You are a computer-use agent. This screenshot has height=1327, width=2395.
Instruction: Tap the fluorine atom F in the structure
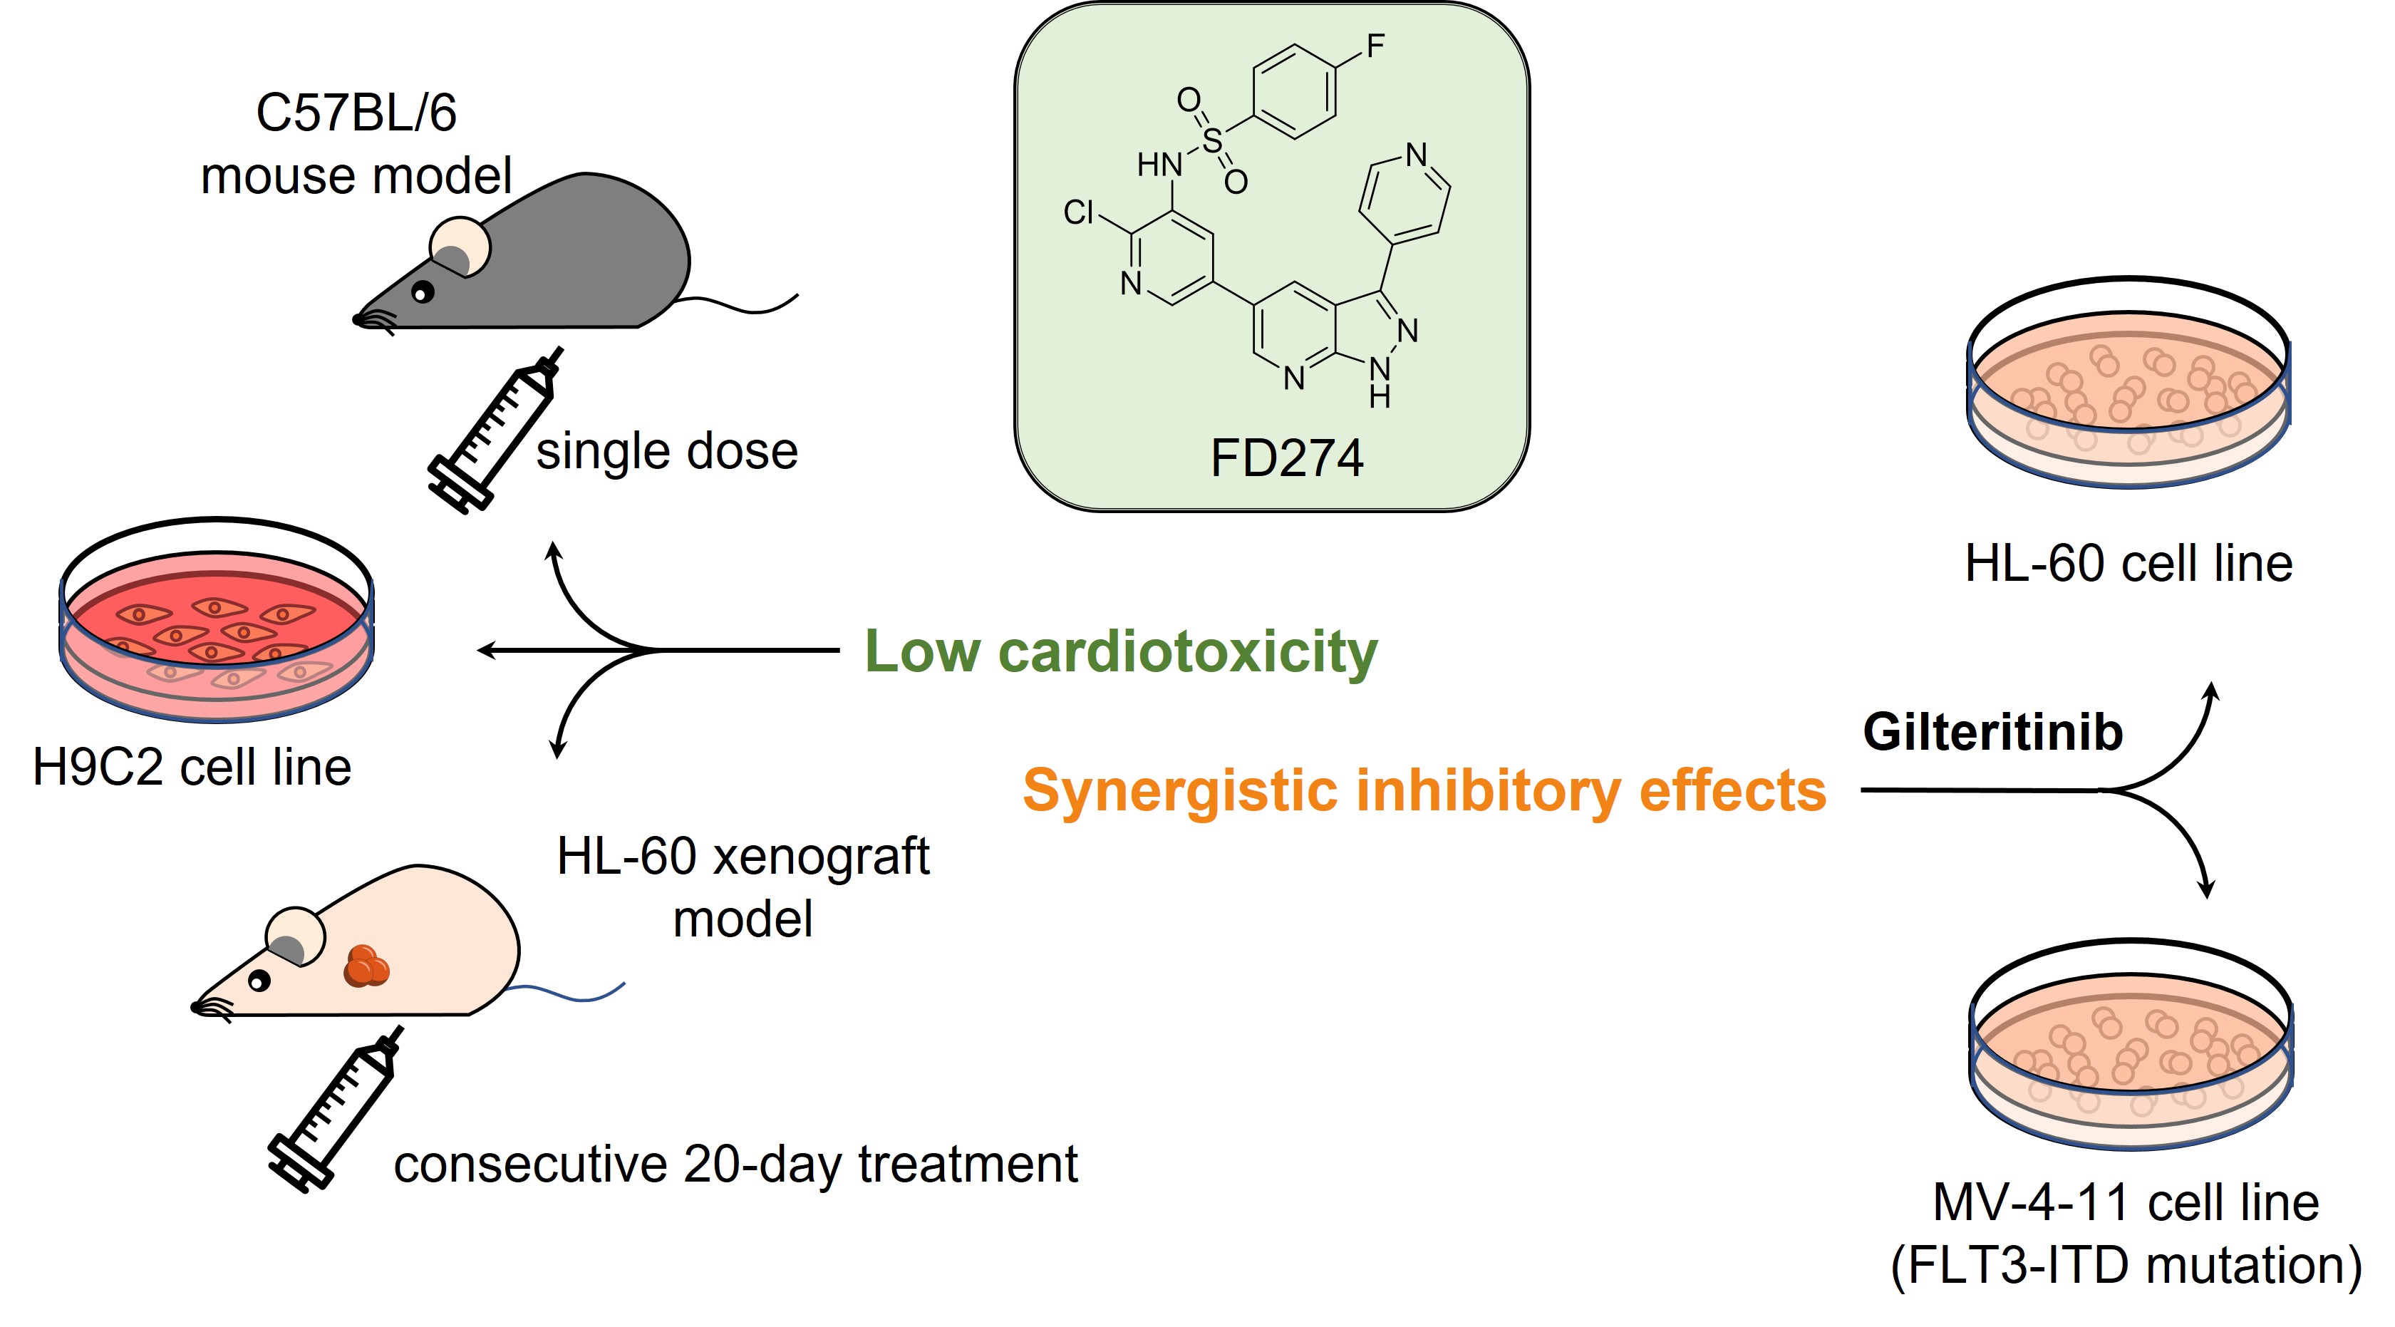tap(1375, 46)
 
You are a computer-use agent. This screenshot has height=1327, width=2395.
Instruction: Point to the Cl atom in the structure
tap(1078, 212)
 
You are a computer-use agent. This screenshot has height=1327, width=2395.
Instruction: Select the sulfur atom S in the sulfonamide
tap(1211, 140)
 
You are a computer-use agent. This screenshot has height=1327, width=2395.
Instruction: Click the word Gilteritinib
tap(1992, 732)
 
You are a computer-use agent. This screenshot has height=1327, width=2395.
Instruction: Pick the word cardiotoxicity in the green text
tap(1187, 651)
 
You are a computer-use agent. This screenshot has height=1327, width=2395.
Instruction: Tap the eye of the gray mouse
tap(423, 293)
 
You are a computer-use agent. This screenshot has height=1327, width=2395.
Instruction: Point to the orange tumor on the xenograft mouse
tap(366, 966)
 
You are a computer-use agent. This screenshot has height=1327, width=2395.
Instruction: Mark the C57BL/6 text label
tap(356, 113)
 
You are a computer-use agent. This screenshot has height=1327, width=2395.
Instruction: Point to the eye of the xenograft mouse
tap(259, 980)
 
